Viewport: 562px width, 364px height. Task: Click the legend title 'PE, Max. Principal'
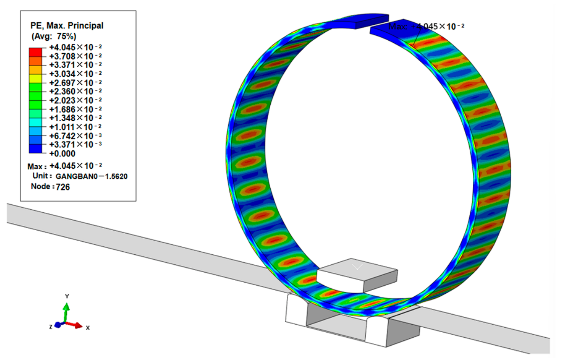tap(67, 26)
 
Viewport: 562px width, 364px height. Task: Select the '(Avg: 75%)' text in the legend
tap(54, 36)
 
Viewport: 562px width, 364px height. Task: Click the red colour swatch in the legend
tap(35, 52)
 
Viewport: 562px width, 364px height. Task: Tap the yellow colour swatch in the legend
tap(35, 79)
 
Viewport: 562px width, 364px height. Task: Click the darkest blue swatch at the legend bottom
tap(35, 149)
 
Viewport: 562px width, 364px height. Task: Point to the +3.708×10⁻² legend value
tap(76, 56)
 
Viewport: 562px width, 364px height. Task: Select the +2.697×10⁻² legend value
tap(76, 83)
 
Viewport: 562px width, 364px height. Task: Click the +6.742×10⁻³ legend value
tap(76, 136)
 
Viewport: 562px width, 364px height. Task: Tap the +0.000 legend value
tap(63, 153)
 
